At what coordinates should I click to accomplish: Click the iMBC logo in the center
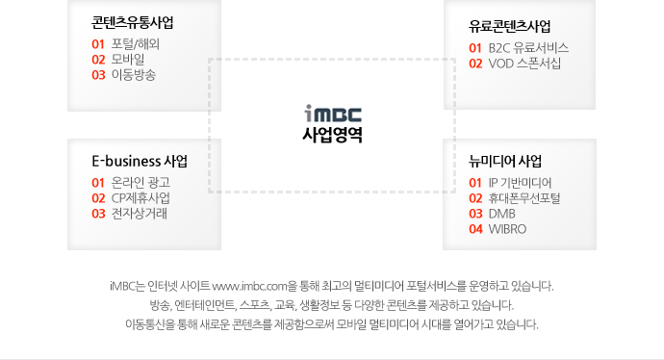(x=331, y=113)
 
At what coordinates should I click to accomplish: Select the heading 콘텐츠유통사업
(x=133, y=23)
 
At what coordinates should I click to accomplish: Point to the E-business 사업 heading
(x=140, y=160)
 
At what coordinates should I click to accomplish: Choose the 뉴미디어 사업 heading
(x=506, y=160)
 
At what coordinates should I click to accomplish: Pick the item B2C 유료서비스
(x=528, y=47)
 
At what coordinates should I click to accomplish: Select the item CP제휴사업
(x=140, y=197)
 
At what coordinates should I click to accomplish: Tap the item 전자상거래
(x=140, y=213)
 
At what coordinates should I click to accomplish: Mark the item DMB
(x=502, y=213)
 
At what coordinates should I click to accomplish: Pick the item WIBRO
(x=507, y=228)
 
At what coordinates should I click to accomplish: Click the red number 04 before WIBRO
(x=475, y=228)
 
